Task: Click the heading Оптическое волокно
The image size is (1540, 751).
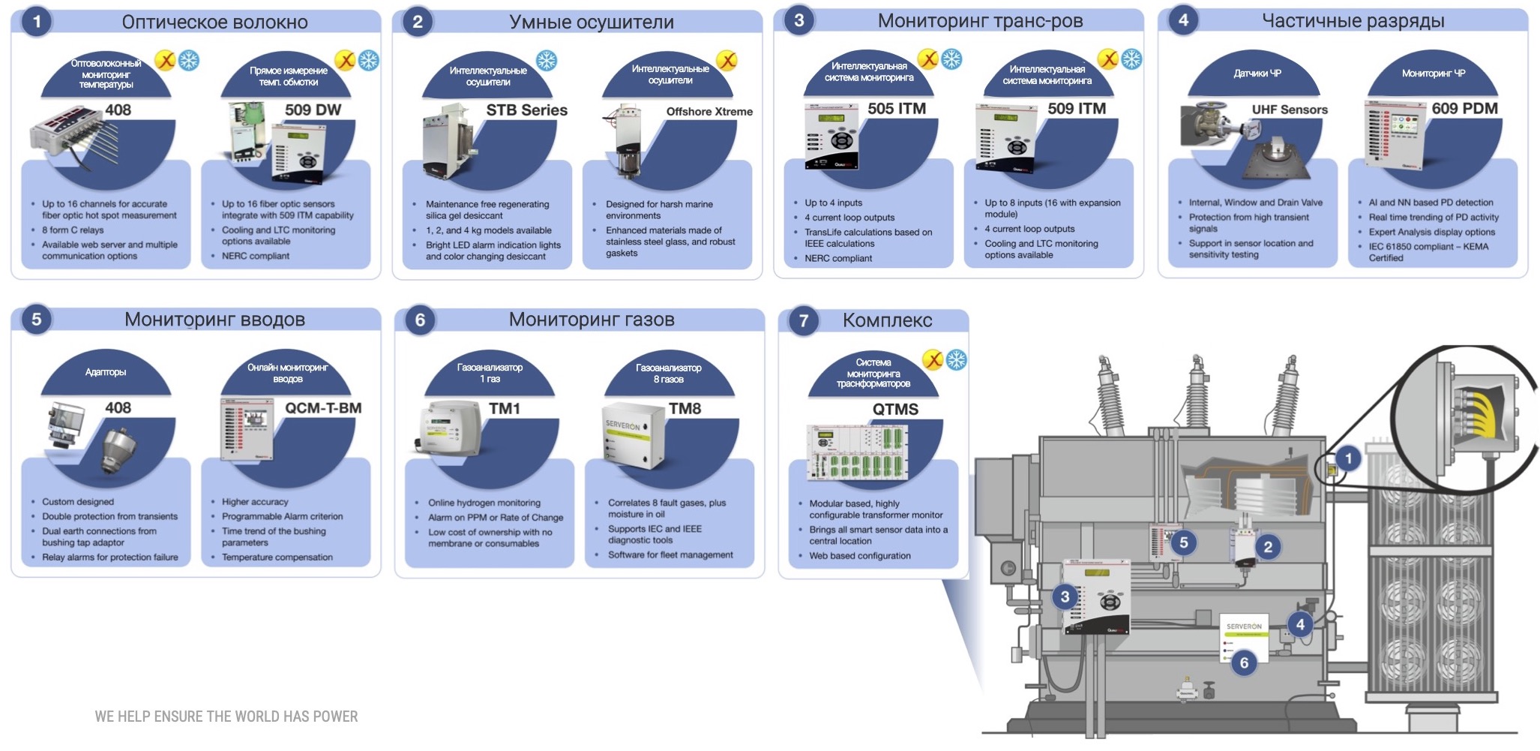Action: [x=214, y=23]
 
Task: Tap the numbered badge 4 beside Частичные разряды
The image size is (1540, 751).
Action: [x=1183, y=20]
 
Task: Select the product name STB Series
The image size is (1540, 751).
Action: [x=526, y=110]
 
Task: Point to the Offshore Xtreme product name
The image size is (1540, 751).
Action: [x=709, y=112]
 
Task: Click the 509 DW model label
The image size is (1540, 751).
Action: [x=313, y=110]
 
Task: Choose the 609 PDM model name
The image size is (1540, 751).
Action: [x=1464, y=109]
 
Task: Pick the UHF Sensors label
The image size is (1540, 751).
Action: [x=1289, y=110]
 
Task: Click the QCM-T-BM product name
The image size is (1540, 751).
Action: [x=322, y=408]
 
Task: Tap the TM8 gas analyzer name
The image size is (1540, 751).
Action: [x=685, y=409]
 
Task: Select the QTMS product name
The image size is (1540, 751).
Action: [x=895, y=410]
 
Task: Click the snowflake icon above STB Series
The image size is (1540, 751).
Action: [x=547, y=61]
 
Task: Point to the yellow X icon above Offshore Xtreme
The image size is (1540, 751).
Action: [x=727, y=61]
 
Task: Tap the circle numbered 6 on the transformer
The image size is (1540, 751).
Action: [x=1244, y=662]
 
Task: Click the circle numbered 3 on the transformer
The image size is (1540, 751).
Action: [x=1065, y=597]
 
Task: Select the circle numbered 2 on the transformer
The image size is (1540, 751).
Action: [x=1268, y=547]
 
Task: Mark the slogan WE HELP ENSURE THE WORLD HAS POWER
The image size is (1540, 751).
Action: [x=226, y=716]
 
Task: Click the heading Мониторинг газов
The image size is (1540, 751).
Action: [x=591, y=320]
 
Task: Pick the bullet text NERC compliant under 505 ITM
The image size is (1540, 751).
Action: [x=837, y=258]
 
